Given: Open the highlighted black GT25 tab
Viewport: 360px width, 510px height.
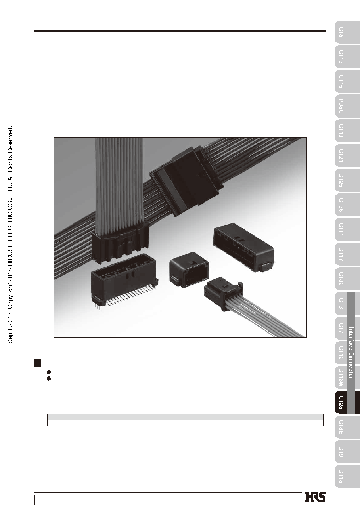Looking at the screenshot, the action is [341, 403].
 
